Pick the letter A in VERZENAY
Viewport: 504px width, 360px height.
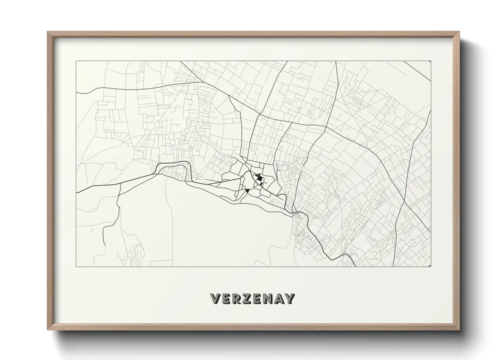(279, 299)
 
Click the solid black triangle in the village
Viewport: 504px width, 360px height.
(248, 191)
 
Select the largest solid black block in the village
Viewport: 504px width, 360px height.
(260, 178)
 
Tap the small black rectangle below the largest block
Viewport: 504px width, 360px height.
(262, 184)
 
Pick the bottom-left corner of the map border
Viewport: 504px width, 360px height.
(76, 266)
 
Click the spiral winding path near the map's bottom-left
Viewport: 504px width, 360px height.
(138, 252)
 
